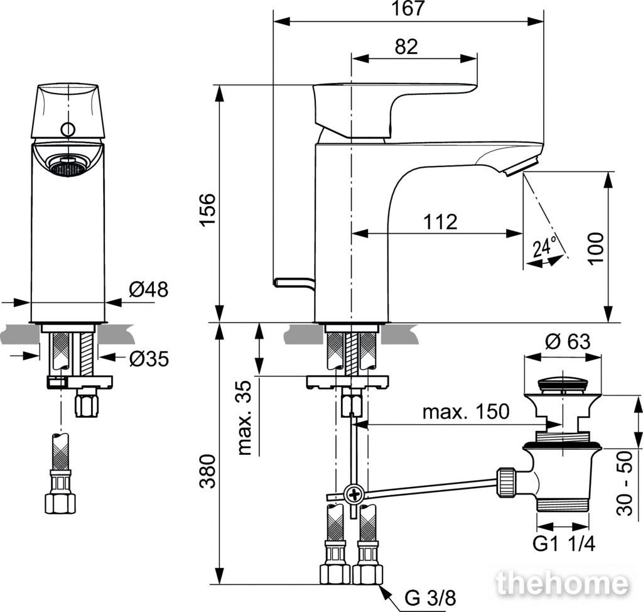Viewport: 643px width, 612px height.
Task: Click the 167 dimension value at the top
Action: (x=408, y=8)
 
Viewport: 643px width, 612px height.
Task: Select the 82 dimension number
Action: (x=406, y=46)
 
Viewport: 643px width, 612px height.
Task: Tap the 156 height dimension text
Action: (x=208, y=209)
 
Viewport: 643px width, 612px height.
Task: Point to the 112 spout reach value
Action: (x=440, y=222)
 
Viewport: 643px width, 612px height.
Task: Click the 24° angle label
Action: (x=545, y=247)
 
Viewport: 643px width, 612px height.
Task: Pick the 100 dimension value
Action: (x=596, y=249)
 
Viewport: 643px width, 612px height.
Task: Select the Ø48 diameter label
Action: (x=148, y=290)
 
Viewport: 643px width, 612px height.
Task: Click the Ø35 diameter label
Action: (x=148, y=359)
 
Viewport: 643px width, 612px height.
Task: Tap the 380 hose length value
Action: (x=208, y=471)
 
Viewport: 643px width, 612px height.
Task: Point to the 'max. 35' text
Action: (x=244, y=418)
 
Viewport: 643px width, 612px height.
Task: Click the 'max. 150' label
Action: (x=466, y=412)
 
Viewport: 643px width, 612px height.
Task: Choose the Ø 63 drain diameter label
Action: (x=568, y=342)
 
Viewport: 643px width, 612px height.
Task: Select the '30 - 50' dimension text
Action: (x=625, y=483)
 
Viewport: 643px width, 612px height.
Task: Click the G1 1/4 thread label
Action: (x=563, y=544)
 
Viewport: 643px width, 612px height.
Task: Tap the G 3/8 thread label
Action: (x=430, y=598)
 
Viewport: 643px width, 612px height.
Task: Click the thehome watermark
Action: (x=562, y=583)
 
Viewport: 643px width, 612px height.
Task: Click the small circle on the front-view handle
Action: (x=68, y=129)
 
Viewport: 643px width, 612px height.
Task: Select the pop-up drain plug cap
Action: (x=563, y=384)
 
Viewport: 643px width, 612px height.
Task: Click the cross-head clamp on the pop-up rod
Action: (x=353, y=494)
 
